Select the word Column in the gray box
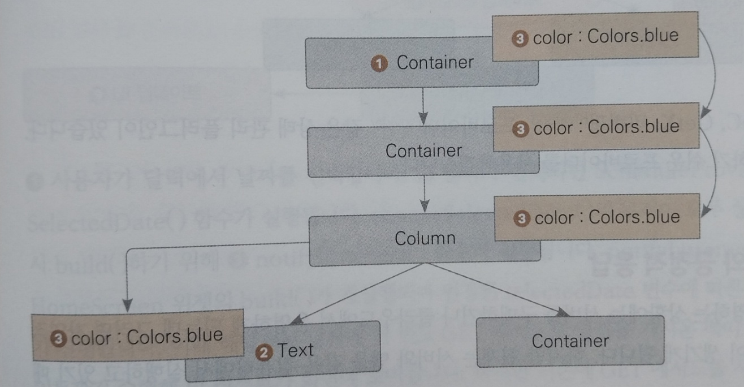[x=425, y=238]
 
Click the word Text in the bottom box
[x=295, y=350]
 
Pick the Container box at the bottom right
[x=570, y=341]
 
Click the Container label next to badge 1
[x=435, y=62]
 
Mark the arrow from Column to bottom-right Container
[x=498, y=290]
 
